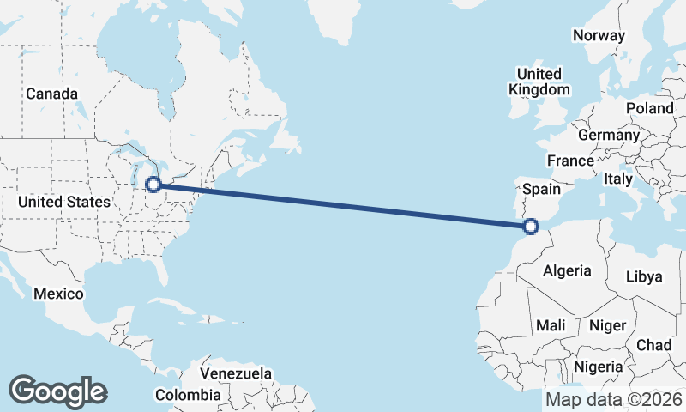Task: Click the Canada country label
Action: coord(51,94)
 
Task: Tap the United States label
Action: coord(64,202)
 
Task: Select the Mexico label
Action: coord(58,294)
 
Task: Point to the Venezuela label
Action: coord(236,374)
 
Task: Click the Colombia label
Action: coord(187,396)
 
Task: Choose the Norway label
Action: coord(599,36)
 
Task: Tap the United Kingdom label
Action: coord(539,82)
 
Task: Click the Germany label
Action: coord(609,135)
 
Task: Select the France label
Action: coord(570,161)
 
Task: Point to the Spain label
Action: coord(541,189)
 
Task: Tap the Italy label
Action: coord(618,179)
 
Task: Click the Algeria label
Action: coord(568,270)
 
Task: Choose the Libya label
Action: coord(644,276)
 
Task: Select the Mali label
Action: coord(550,325)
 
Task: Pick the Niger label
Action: coord(607,325)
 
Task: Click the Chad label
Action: coord(653,344)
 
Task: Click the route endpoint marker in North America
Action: coord(153,184)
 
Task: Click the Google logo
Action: coord(57,391)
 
